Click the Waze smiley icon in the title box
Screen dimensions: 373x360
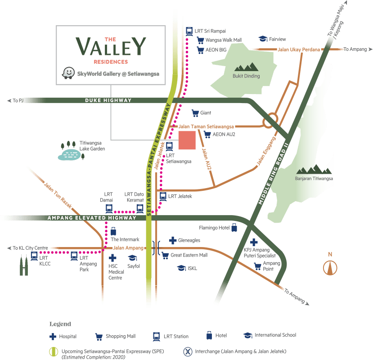(x=68, y=73)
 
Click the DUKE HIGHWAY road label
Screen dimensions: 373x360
(x=108, y=100)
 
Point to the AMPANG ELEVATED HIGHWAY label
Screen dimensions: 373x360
(x=92, y=218)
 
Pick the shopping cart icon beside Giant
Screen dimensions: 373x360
(x=195, y=112)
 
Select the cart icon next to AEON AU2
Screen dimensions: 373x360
(x=207, y=134)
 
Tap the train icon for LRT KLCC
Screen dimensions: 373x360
(x=34, y=256)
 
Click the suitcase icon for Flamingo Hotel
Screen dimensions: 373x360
(x=234, y=228)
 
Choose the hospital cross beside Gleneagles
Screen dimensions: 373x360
(x=172, y=240)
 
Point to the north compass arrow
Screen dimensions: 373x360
(x=330, y=267)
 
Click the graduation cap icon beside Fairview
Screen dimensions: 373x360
(x=263, y=39)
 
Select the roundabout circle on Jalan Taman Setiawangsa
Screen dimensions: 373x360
(x=271, y=120)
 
